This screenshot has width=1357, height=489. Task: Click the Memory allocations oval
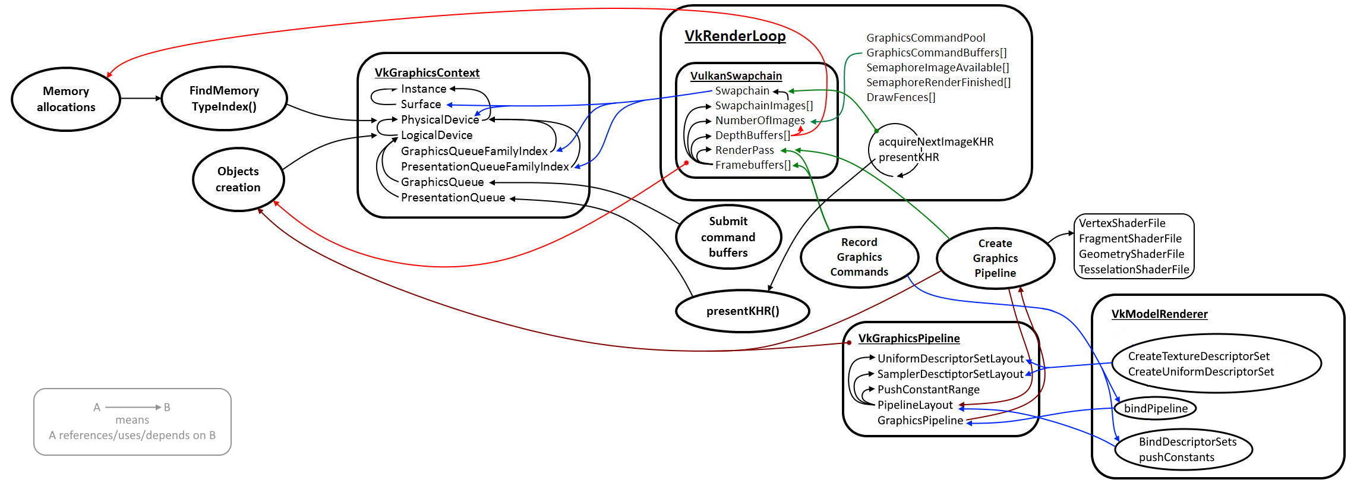coord(66,99)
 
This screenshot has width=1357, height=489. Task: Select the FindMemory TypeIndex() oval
coord(224,99)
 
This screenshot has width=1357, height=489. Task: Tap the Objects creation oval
coord(238,179)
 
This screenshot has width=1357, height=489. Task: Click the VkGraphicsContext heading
coord(427,72)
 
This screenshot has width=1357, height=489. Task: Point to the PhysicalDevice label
coord(440,119)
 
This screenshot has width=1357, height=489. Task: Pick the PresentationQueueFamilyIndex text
coord(485,166)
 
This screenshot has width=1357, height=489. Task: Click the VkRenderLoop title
coord(735,36)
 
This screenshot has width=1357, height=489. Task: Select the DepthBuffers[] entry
coord(752,135)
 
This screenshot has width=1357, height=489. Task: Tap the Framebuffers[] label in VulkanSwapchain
coord(753,165)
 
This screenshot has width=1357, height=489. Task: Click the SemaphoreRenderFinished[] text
coord(938,82)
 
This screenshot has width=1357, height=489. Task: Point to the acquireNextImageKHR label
coord(936,141)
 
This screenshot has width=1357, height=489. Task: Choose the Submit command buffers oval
coord(728,237)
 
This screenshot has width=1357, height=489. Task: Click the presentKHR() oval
coord(743,311)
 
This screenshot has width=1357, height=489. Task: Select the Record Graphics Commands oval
coord(859,257)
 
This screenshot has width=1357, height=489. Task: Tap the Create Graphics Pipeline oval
coord(995,258)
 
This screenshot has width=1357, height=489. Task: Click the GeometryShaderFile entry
coord(1131,254)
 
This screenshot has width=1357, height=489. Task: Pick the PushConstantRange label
coord(928,389)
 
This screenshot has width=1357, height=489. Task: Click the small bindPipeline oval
coord(1156,408)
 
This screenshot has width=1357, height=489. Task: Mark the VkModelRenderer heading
coord(1159,314)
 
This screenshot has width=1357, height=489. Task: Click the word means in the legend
coord(132,419)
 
